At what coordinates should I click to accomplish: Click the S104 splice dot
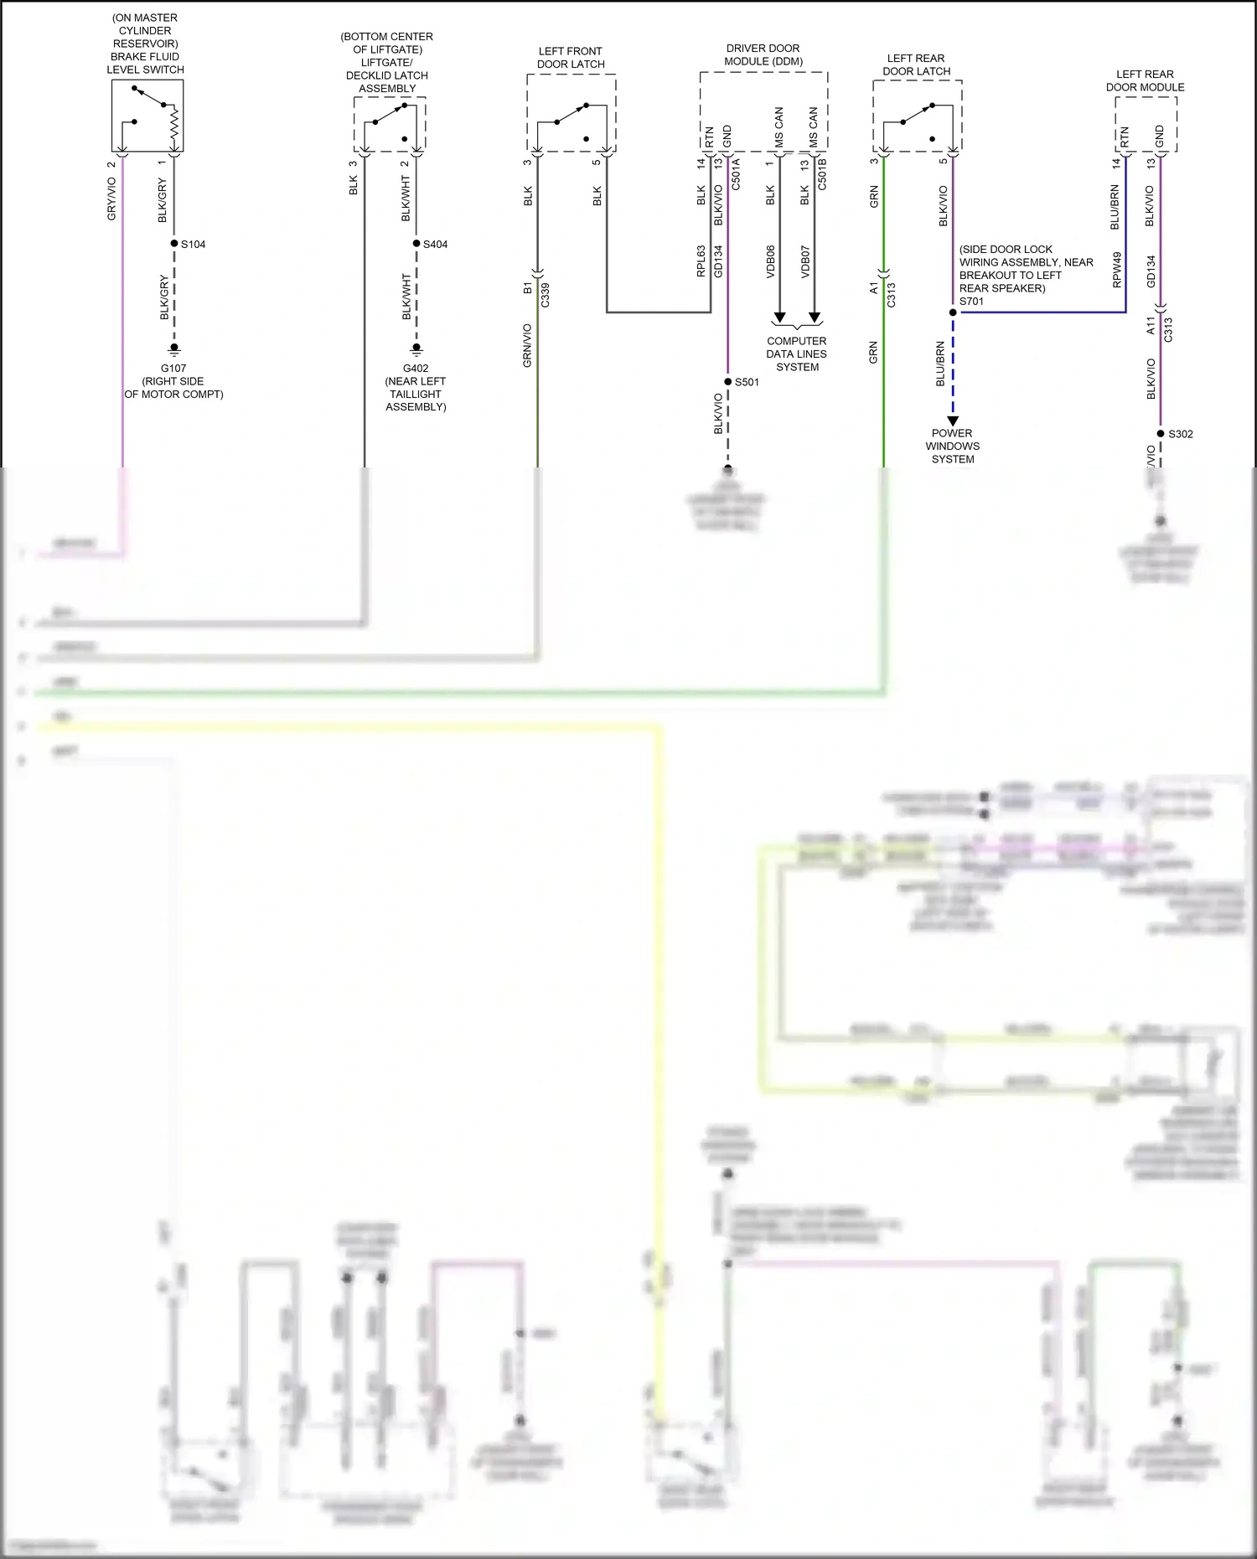(174, 244)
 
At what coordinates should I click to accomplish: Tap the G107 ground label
(173, 369)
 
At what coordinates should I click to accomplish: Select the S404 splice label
(435, 245)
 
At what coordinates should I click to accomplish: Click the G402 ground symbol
(416, 349)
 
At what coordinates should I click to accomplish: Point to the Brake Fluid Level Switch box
(147, 116)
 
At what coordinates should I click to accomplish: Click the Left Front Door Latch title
(571, 58)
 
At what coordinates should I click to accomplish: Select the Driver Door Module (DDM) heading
(763, 54)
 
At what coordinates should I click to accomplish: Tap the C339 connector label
(546, 295)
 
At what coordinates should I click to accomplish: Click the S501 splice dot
(728, 382)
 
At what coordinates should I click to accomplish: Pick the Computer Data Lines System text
(797, 354)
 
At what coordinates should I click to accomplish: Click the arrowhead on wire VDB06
(780, 317)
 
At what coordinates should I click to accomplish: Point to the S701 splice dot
(953, 312)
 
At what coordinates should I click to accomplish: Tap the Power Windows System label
(953, 447)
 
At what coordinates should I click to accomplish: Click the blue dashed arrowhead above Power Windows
(953, 421)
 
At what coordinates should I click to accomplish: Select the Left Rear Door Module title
(1145, 81)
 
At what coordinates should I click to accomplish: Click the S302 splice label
(1180, 434)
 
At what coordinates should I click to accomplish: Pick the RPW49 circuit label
(1117, 270)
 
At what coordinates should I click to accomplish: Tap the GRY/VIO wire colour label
(112, 199)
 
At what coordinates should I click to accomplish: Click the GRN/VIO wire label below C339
(527, 345)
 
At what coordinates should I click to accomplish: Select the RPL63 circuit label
(701, 261)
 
